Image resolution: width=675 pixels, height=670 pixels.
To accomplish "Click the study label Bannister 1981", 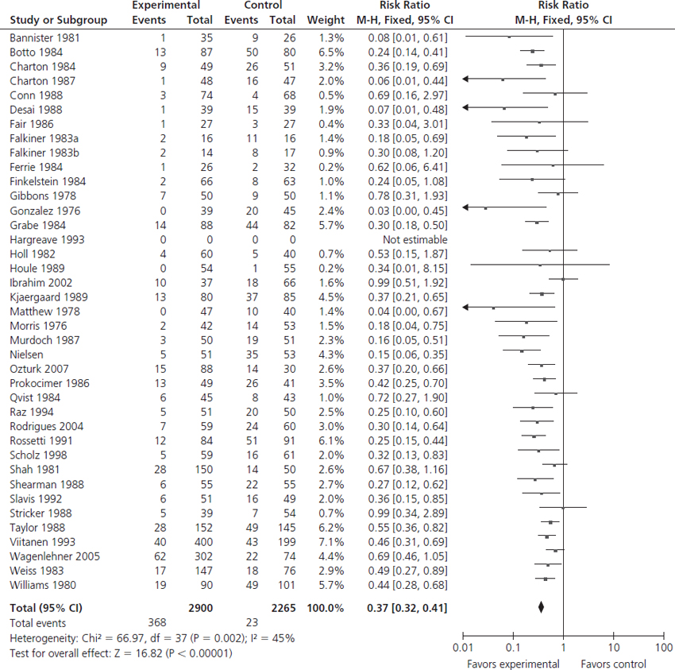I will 45,37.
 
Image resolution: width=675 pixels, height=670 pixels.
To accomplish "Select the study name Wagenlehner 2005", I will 55,556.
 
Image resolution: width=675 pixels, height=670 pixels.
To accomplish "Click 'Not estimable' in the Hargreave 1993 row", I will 415,239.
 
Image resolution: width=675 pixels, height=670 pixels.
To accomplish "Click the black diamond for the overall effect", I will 541,608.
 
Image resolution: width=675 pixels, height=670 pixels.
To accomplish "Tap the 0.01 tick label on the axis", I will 461,649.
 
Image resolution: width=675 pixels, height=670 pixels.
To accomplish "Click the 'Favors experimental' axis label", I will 513,664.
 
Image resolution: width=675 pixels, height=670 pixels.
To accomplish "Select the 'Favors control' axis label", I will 613,664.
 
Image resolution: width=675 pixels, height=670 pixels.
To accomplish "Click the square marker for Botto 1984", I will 532,52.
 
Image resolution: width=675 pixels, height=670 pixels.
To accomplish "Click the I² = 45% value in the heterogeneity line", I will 279,638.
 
